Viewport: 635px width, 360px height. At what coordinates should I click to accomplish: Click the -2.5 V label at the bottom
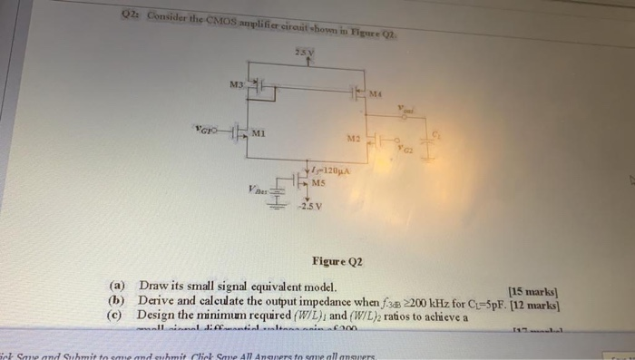point(311,204)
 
